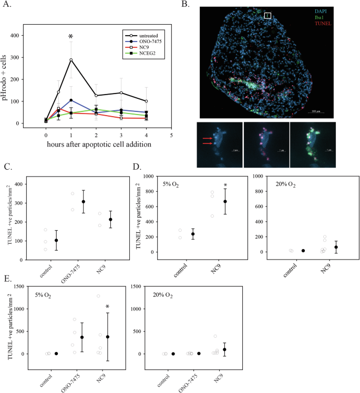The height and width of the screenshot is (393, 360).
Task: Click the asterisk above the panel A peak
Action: [70, 36]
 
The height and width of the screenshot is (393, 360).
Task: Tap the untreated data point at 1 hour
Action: [71, 59]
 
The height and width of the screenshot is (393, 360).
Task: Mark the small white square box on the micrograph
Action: [267, 15]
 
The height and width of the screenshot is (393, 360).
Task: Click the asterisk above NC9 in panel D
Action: [224, 185]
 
